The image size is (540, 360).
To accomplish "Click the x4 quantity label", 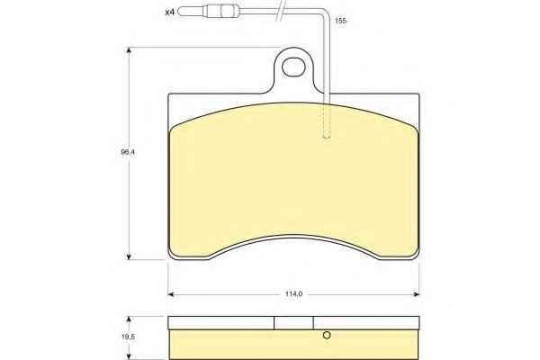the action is (170, 13).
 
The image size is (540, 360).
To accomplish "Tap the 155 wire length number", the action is (340, 21).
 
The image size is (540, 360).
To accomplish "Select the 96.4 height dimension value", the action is (128, 152).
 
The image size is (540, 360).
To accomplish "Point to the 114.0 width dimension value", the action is (293, 294).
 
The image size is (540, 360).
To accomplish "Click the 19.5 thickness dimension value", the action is (128, 337).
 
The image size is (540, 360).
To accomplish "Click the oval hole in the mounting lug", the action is (293, 67).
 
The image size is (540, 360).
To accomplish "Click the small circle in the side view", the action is (327, 335).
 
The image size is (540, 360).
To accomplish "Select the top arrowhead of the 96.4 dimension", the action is (129, 50).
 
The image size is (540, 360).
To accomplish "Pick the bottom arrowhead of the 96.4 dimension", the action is (129, 256).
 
